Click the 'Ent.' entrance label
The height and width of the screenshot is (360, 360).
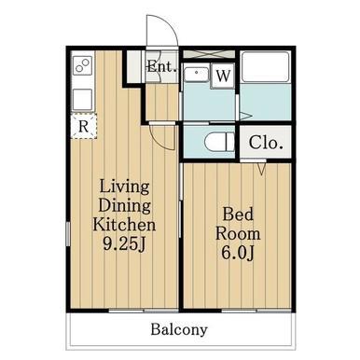pos(162,66)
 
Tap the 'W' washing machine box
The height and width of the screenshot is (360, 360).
pos(223,76)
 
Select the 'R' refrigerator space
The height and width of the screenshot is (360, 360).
pos(83,126)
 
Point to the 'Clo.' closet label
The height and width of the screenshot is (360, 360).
pos(266,143)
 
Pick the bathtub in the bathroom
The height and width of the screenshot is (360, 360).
pos(266,67)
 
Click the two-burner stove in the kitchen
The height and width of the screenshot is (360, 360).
pos(83,65)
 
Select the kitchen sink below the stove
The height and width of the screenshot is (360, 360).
pos(83,100)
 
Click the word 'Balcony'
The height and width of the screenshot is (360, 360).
pos(179,329)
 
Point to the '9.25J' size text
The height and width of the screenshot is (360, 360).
pos(124,244)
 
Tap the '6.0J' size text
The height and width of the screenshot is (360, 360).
pos(238,253)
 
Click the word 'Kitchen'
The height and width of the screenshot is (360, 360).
pos(124,225)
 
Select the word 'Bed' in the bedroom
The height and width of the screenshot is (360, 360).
pos(238,215)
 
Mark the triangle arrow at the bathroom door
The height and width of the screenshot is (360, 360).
pos(245,117)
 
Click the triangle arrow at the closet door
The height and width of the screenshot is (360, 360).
pos(262,169)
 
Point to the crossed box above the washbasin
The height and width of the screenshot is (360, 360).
pos(209,54)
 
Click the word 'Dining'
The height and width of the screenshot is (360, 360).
pos(125,206)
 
